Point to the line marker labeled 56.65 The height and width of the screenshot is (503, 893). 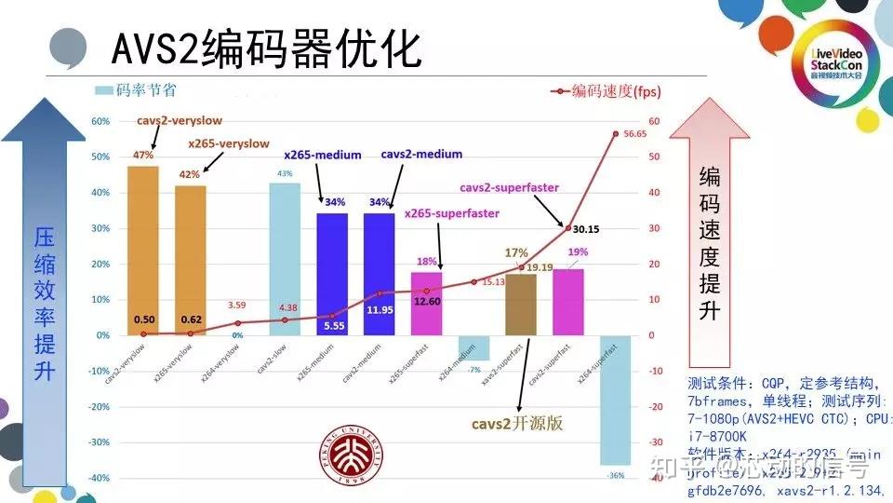tap(615, 133)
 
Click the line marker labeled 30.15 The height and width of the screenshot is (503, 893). tap(568, 227)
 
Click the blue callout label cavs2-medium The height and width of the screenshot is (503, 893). tap(421, 155)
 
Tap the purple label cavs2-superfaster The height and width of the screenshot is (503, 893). tap(509, 187)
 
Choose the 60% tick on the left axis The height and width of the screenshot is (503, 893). tap(100, 121)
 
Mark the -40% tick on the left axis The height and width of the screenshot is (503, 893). tap(100, 478)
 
